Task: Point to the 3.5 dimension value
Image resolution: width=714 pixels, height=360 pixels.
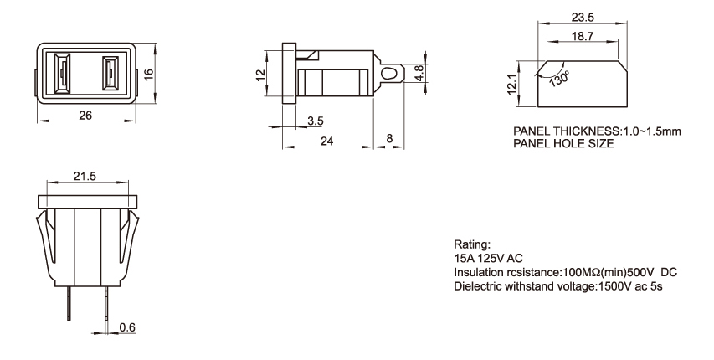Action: point(316,121)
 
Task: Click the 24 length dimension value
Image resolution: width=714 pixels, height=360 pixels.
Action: point(326,142)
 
